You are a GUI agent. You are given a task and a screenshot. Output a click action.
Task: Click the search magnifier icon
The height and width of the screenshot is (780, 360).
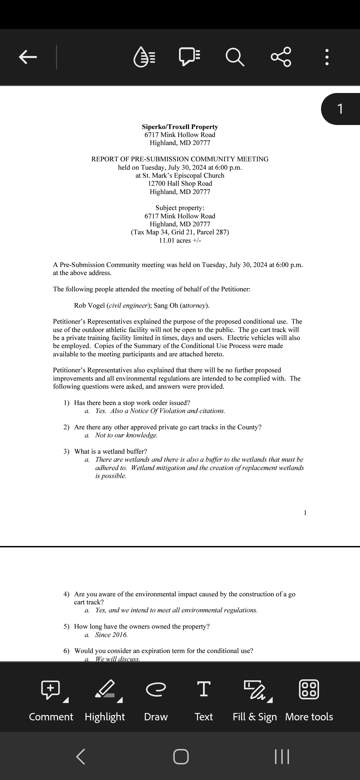click(235, 57)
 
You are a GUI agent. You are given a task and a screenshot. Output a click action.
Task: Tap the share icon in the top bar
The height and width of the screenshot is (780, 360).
click(281, 57)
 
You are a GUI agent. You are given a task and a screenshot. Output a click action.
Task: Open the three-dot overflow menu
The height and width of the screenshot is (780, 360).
click(327, 57)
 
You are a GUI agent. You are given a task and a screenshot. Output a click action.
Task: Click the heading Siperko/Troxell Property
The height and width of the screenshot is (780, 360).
click(180, 127)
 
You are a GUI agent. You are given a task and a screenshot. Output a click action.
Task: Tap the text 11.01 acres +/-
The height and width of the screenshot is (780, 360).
click(180, 240)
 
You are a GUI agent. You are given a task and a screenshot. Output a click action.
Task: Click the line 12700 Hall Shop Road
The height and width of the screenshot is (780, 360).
click(180, 183)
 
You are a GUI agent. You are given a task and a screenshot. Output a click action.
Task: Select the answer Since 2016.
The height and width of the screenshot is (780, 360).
click(111, 635)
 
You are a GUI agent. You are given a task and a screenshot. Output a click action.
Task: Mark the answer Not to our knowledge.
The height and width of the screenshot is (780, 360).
click(126, 435)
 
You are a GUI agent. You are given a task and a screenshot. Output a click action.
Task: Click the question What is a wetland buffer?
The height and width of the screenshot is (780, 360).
click(110, 451)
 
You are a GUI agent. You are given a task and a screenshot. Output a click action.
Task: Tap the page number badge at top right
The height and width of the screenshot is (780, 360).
click(340, 109)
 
